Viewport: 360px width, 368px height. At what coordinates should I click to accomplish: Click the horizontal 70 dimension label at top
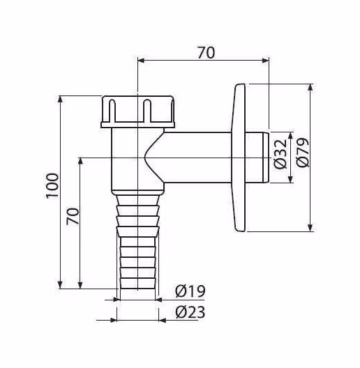point(206,53)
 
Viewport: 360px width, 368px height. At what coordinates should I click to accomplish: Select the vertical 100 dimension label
point(52,186)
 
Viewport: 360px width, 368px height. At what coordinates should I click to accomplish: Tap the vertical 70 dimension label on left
point(73,216)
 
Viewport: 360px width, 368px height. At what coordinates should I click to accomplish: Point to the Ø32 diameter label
point(280,154)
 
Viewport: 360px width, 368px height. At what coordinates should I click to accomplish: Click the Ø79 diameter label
point(302,153)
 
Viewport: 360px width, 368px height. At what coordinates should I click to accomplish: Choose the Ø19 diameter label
point(190,291)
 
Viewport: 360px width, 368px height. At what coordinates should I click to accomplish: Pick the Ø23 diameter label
point(190,312)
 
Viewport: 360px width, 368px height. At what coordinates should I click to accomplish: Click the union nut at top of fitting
point(138,112)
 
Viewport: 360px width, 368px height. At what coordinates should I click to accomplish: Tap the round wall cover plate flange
point(239,158)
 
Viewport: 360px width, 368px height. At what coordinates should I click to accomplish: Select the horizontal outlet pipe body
point(197,158)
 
